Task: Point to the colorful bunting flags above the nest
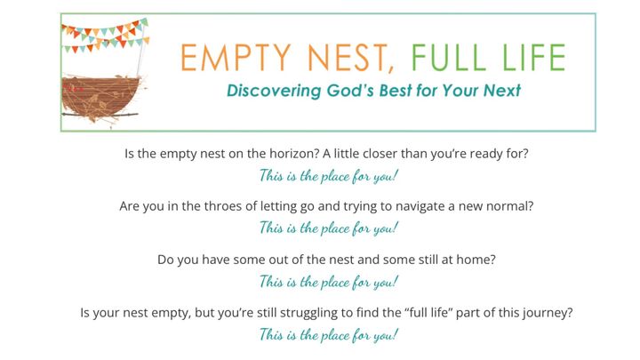[100, 35]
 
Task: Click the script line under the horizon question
[328, 175]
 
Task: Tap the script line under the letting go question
[328, 228]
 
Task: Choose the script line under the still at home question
[328, 282]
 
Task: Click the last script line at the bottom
[328, 335]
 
